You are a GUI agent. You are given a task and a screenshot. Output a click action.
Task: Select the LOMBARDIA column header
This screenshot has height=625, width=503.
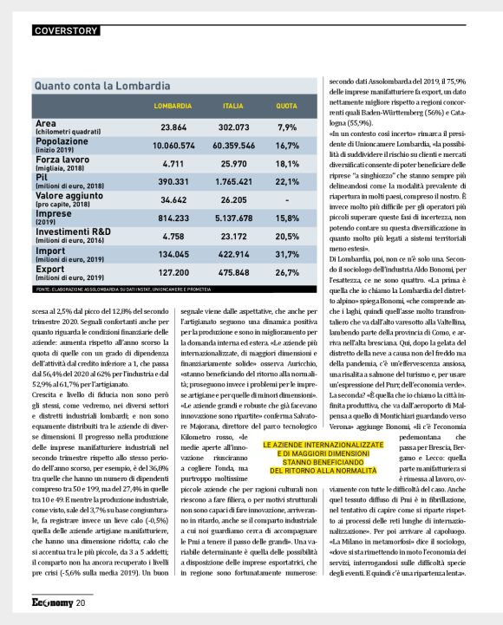pos(173,106)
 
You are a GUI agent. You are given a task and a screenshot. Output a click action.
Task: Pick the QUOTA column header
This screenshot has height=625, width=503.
pos(288,106)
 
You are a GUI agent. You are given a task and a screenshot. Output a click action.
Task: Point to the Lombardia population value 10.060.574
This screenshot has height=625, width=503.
pos(173,146)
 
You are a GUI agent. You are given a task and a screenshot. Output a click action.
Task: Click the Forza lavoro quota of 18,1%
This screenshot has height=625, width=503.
pos(287,164)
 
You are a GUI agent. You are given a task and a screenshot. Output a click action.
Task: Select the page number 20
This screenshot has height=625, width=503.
pos(80,602)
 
